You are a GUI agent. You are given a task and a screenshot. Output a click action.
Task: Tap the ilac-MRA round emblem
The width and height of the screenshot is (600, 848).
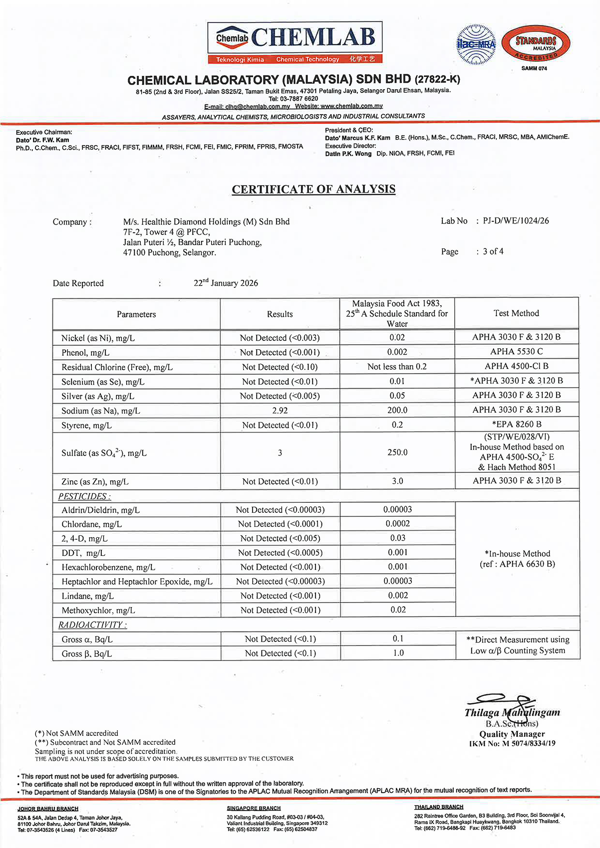point(476,44)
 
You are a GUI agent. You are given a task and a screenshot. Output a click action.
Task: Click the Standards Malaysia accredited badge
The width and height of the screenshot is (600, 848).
point(536,44)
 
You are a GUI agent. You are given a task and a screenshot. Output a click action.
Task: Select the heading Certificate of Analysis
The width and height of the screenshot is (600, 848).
point(313,189)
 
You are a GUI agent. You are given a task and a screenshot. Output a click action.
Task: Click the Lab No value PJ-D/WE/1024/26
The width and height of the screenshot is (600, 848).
point(516,220)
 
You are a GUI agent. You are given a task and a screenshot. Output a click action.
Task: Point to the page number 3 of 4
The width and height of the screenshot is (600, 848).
point(493,251)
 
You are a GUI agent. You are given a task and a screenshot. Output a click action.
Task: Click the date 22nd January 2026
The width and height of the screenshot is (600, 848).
point(226,283)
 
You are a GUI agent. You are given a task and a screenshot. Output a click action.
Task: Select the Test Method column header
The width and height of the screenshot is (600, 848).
point(516,313)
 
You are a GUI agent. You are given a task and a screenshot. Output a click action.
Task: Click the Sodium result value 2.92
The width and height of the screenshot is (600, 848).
point(280,411)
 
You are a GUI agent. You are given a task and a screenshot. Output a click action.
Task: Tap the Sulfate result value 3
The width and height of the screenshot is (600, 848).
point(280,453)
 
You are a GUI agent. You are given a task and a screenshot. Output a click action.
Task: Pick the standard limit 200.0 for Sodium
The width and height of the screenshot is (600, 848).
point(397,410)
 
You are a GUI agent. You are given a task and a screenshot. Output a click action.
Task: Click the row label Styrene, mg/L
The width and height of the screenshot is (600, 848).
point(86,425)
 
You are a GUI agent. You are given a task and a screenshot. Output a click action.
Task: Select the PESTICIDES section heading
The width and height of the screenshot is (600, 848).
point(84,496)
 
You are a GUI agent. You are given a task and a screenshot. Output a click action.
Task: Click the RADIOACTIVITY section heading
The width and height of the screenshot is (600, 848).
point(92,625)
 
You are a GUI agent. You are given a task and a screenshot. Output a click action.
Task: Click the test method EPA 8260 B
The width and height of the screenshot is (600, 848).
point(517,424)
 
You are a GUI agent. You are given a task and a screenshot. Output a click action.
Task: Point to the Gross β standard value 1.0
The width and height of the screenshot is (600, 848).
point(398,653)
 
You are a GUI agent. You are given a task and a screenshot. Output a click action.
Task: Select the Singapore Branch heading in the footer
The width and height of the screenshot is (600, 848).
point(254,808)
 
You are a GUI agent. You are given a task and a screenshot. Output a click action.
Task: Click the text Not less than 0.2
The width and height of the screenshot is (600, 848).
point(397,367)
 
